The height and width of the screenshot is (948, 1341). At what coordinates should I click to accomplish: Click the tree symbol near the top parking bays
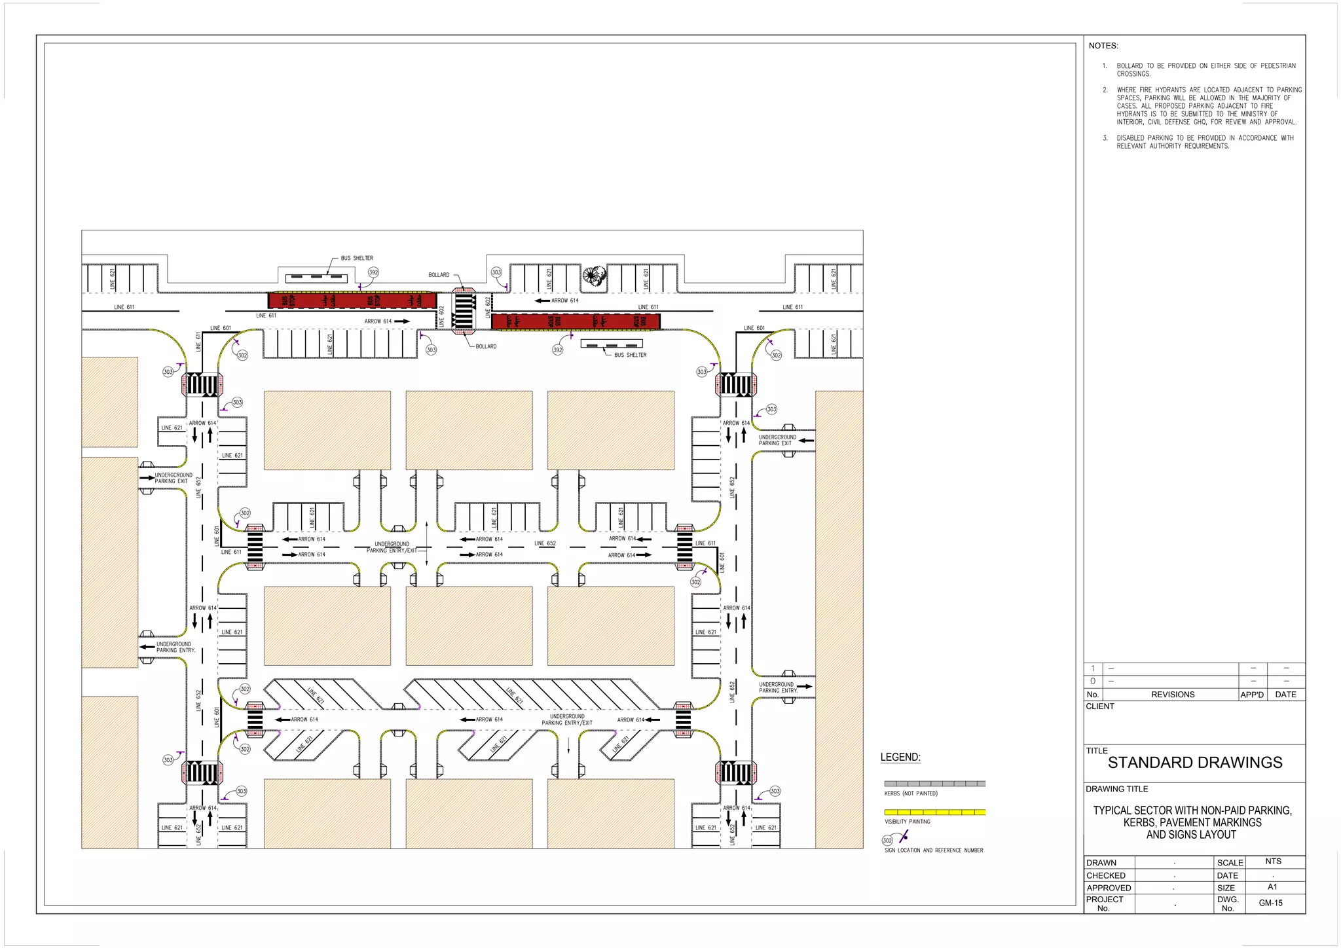pos(593,276)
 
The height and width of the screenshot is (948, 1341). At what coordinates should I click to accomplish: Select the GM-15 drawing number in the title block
pos(1270,903)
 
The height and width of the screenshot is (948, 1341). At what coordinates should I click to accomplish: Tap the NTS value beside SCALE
pos(1273,861)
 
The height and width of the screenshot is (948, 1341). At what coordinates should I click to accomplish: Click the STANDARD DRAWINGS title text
pos(1194,762)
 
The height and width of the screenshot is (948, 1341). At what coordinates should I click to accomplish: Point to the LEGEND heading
pos(900,757)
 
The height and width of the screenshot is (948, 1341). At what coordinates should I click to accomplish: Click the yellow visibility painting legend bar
pos(934,812)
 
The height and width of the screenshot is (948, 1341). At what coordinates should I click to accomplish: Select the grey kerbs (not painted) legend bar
pos(934,783)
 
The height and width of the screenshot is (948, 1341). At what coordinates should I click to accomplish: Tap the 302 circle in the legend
pos(887,840)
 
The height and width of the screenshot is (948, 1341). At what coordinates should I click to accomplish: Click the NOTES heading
pos(1103,46)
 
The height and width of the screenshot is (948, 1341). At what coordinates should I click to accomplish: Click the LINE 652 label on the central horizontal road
pos(545,543)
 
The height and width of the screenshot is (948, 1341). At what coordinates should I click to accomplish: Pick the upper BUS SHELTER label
pos(357,258)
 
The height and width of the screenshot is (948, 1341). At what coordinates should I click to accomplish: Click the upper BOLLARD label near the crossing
pos(439,275)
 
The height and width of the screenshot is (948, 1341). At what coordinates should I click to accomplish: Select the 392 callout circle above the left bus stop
pos(373,272)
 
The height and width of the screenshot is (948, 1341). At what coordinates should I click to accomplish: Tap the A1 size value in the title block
pos(1272,886)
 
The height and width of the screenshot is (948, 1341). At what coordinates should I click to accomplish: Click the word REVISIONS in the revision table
pos(1172,694)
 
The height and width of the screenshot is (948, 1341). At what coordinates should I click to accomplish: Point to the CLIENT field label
pos(1100,706)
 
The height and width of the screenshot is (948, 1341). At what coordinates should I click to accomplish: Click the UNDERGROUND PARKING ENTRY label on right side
pos(778,687)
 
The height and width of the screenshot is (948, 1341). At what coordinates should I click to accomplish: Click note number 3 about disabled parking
pos(1198,141)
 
